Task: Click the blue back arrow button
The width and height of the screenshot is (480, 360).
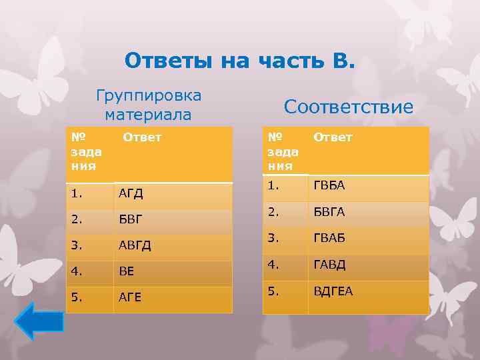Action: point(38,323)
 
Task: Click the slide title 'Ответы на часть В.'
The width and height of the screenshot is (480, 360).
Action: point(241,61)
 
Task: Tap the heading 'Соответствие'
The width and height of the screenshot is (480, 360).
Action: point(348,107)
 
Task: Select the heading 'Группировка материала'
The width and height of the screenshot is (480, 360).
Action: point(148,105)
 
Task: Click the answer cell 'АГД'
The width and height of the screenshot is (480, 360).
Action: point(131,194)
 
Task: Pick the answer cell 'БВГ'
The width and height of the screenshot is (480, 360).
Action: point(130,219)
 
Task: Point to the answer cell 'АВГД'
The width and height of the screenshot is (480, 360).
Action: point(135,245)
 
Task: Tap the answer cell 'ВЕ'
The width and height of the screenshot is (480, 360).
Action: point(127,272)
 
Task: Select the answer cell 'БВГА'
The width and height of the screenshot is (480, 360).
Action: point(329,212)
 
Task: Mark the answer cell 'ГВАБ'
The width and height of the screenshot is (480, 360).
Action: point(329,238)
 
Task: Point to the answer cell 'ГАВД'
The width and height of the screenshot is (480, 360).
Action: point(329,265)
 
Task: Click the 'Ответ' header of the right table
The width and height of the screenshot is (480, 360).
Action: point(333,137)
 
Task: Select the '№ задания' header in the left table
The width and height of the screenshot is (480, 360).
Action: point(84,151)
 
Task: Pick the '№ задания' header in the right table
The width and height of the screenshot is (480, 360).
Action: point(282,151)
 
